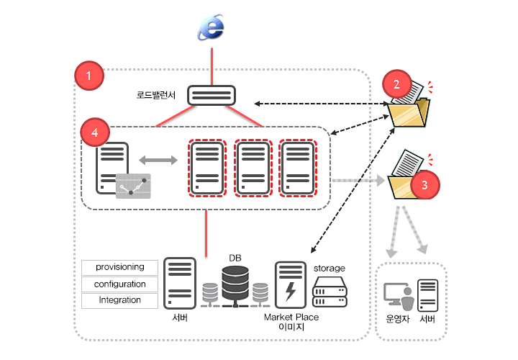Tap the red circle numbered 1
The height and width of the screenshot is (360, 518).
tap(89, 76)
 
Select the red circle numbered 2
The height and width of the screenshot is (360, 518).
tap(396, 84)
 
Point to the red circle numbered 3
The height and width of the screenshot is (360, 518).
tap(424, 184)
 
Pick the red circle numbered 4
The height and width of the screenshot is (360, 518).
tap(95, 132)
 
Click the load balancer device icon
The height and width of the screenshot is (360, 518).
tap(212, 95)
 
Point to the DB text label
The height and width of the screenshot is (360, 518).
tap(235, 258)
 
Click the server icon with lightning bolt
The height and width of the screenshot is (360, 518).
tap(291, 285)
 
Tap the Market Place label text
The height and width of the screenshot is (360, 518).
tap(291, 317)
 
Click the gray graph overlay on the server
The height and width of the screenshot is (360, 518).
tap(135, 185)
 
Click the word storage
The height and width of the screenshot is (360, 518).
tap(330, 268)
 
